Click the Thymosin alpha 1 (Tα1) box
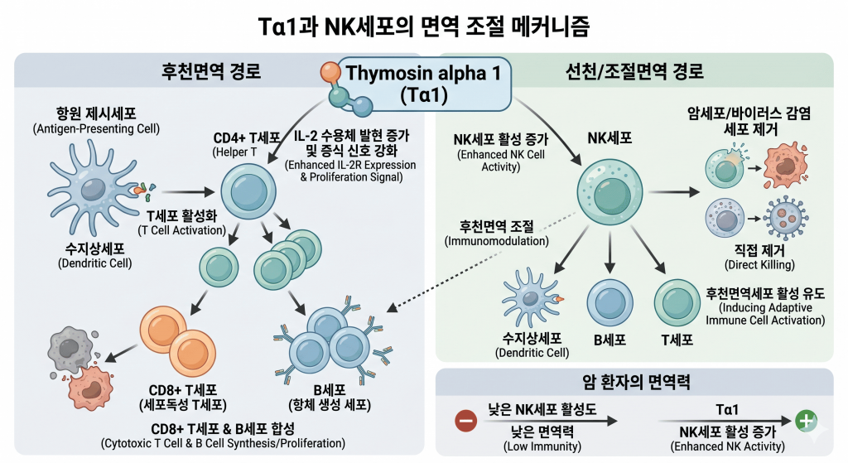pos(423,83)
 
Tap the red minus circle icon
pos(466,421)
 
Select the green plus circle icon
pos(805,421)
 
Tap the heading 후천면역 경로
pos(210,71)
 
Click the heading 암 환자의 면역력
pos(634,383)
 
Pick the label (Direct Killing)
pos(759,265)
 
